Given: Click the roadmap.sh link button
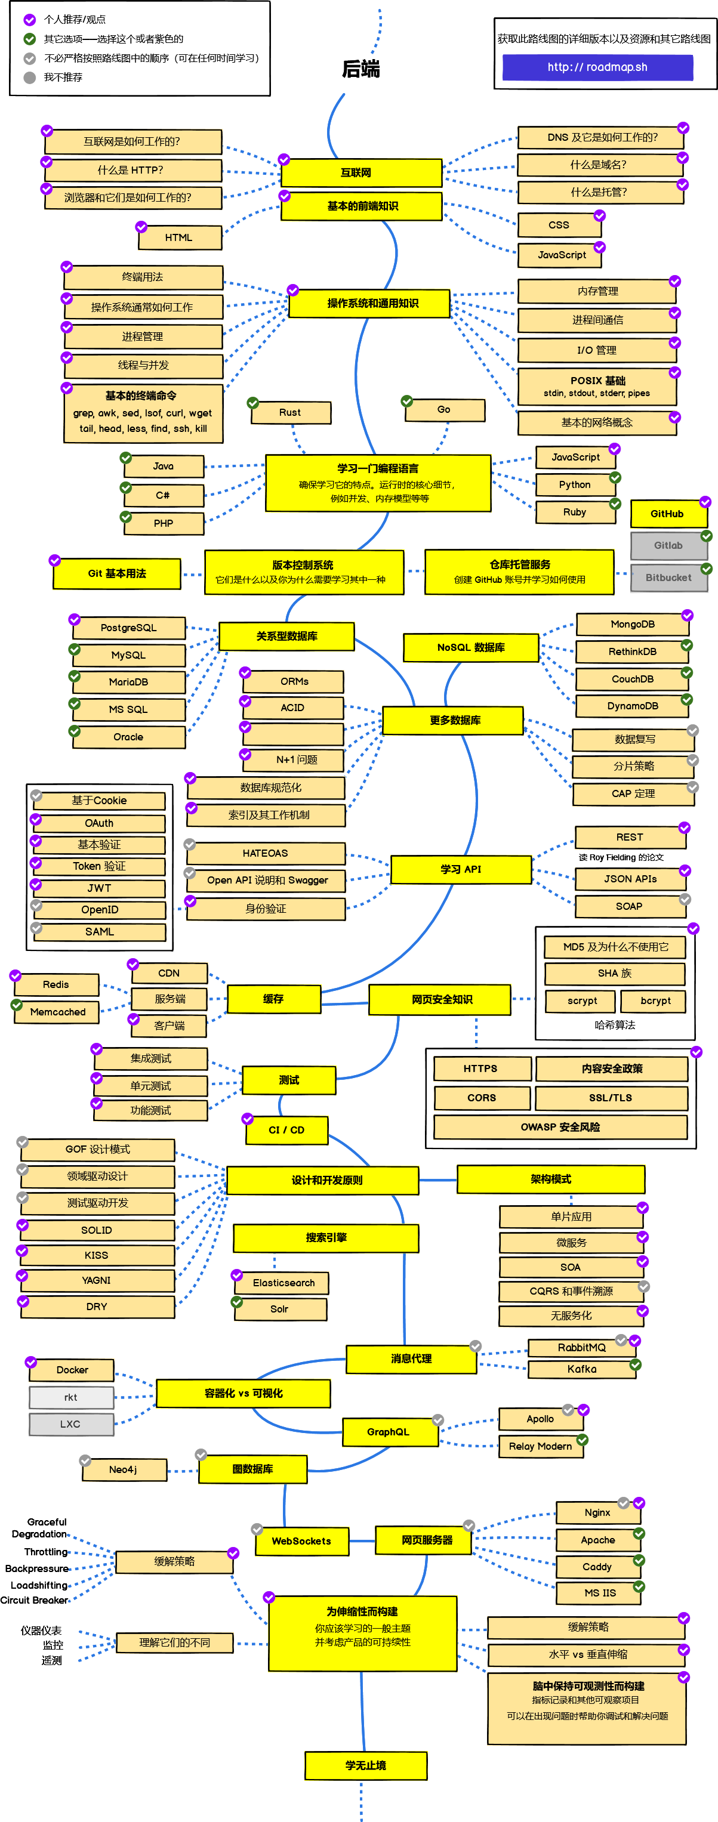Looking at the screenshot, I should (x=597, y=67).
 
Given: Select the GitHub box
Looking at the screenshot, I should (x=668, y=514).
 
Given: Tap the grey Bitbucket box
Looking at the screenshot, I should (x=668, y=577).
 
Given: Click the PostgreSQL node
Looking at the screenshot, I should (x=129, y=628).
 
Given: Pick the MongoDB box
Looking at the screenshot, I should (x=633, y=625).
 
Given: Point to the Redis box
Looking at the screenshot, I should (x=56, y=984).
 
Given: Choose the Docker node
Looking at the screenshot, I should (x=72, y=1370).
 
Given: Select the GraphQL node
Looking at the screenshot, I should (x=389, y=1432).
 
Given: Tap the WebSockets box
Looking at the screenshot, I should (x=301, y=1541).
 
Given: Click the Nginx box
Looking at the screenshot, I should (x=598, y=1513).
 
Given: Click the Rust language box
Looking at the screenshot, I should (x=290, y=413).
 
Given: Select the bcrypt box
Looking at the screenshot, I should (x=655, y=1001).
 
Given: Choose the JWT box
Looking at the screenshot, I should (x=99, y=888).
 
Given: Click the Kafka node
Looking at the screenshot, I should (x=581, y=1369).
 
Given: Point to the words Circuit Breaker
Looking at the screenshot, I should (x=34, y=1601).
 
